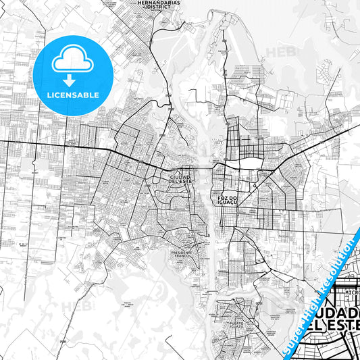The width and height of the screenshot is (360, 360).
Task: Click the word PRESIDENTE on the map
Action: (x=182, y=252)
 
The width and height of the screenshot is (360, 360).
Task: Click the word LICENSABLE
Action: (x=71, y=95)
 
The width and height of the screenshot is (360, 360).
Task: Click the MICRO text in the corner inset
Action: (x=338, y=292)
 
